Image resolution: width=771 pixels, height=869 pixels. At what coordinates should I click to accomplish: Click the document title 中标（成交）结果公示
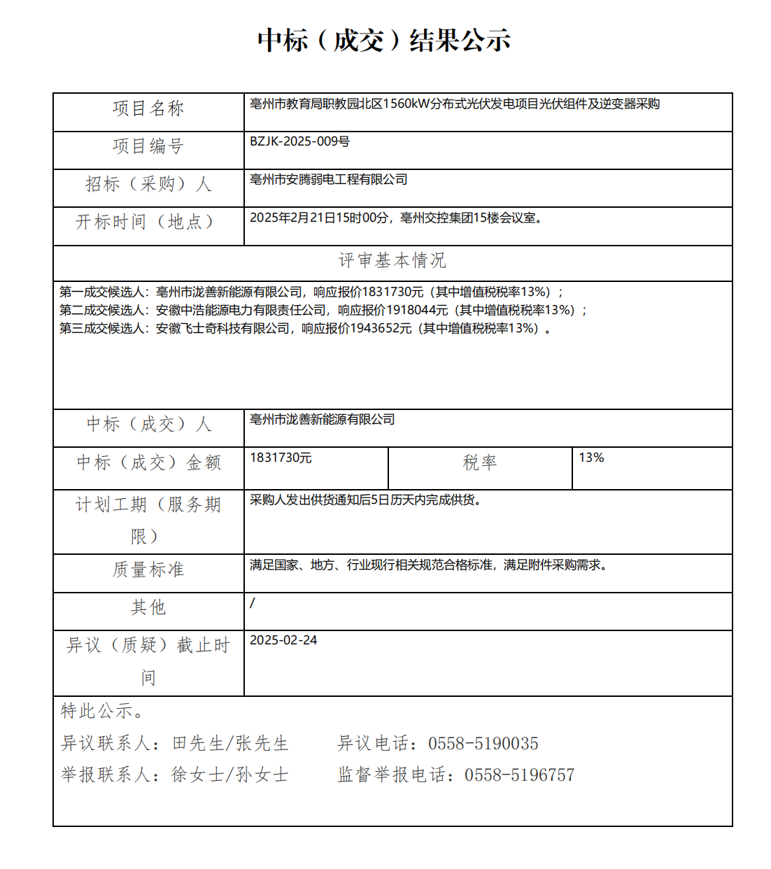384,41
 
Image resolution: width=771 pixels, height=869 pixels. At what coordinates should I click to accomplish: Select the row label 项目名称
148,108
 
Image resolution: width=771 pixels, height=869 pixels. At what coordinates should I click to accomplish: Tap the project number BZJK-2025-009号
299,142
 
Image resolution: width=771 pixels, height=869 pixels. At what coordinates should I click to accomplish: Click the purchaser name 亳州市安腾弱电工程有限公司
328,180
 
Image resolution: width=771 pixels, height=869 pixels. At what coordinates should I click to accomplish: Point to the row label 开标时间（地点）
145,222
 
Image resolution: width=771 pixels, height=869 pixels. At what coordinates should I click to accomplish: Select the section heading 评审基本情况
392,261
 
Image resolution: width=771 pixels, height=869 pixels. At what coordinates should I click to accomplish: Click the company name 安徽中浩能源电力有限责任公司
241,311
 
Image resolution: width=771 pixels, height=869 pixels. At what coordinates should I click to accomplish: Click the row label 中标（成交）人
148,425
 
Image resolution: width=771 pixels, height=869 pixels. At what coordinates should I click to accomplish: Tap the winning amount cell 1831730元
281,458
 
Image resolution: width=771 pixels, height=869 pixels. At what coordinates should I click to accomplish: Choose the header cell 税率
480,462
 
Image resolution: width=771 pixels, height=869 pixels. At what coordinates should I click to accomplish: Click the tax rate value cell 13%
591,458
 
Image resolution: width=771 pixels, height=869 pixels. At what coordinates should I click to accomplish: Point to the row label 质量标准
148,570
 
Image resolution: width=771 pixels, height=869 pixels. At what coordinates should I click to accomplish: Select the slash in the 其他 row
253,603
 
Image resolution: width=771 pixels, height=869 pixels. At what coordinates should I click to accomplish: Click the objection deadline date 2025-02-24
283,641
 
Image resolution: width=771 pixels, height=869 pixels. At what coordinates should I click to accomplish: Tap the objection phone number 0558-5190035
483,744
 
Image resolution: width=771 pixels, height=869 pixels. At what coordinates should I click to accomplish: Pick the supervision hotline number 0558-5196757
519,775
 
